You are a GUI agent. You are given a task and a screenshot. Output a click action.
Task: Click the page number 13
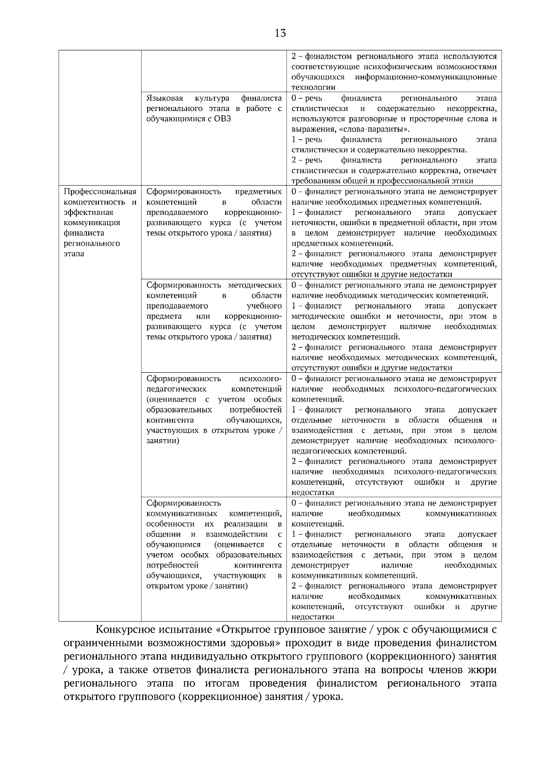[x=280, y=33]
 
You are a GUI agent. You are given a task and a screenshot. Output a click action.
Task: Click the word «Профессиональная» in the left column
[x=100, y=192]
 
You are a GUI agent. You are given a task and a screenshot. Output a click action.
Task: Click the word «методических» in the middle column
[x=255, y=285]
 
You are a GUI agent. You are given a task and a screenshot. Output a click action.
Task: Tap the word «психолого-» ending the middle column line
[x=260, y=378]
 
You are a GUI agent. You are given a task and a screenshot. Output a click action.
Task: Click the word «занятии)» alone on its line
[x=163, y=441]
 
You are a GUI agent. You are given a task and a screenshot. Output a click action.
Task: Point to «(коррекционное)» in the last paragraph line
[x=219, y=697]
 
